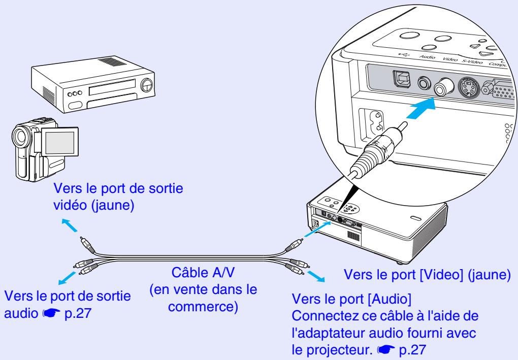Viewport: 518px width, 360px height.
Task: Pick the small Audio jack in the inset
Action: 423,82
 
